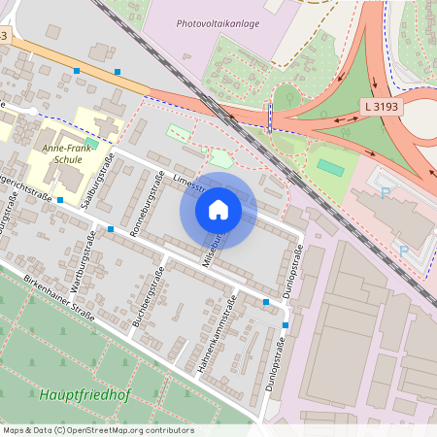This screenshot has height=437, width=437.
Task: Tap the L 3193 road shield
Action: point(382,105)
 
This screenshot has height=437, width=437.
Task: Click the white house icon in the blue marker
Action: point(218,209)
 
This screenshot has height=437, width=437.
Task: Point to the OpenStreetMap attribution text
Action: point(98,430)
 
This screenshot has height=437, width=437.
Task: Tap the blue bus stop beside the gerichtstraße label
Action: point(60,200)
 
